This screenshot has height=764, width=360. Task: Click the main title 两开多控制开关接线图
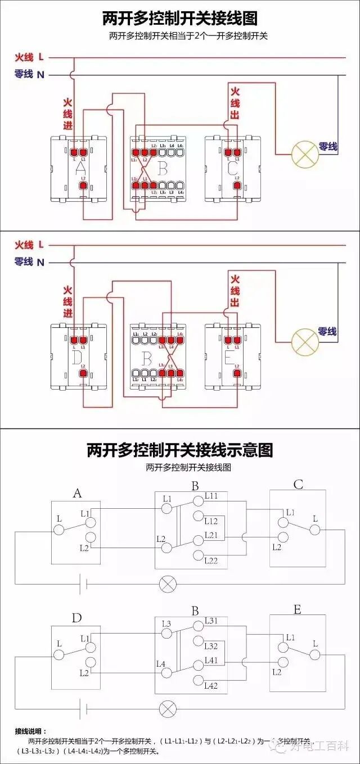click(180, 19)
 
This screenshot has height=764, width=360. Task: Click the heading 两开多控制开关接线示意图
click(180, 450)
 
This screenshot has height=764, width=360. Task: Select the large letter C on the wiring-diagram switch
click(232, 168)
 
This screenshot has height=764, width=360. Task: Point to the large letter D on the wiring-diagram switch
click(78, 356)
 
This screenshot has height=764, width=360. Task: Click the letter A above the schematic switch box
click(77, 494)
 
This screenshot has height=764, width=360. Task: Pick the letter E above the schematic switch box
click(298, 609)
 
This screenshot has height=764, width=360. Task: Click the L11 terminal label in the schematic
click(211, 495)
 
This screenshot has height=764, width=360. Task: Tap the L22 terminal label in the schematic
click(211, 560)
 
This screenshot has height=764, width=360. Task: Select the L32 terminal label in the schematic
click(211, 646)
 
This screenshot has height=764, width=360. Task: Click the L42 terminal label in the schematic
click(211, 685)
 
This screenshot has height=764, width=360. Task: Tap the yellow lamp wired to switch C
click(304, 153)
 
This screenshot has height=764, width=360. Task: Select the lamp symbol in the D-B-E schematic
click(167, 709)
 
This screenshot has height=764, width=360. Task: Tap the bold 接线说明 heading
click(31, 731)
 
